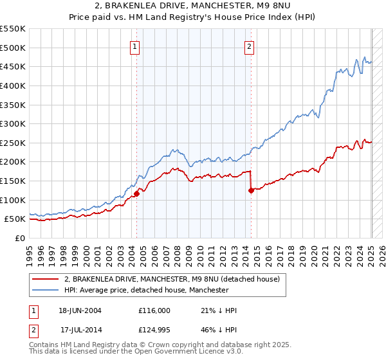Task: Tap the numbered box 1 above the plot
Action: [135, 46]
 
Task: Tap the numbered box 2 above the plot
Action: [249, 46]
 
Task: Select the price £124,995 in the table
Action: [154, 330]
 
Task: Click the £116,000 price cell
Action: [154, 310]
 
